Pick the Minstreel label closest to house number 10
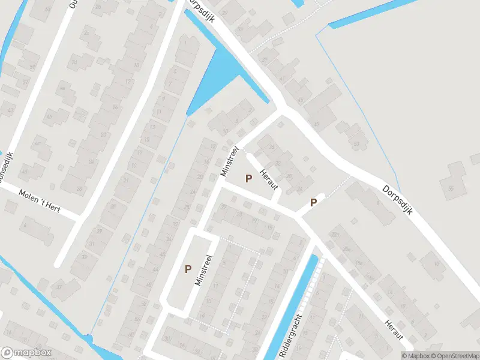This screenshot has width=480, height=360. coord(230,160)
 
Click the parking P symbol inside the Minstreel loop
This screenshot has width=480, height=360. coord(188,269)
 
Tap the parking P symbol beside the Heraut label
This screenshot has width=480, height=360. coord(248,178)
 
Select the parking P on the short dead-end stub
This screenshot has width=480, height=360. coord(313,203)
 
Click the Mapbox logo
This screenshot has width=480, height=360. coord(26,353)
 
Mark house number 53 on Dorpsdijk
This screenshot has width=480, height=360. coord(356,144)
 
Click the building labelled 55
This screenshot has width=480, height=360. coord(451,188)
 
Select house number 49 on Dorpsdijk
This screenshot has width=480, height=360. coord(316,124)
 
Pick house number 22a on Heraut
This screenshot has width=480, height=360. coord(336,235)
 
